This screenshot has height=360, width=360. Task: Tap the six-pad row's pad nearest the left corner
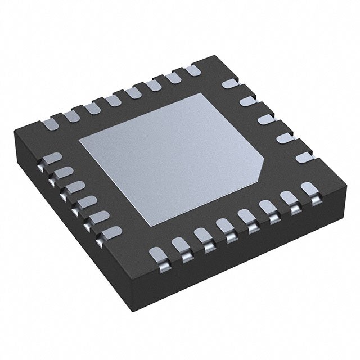coord(52,159)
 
